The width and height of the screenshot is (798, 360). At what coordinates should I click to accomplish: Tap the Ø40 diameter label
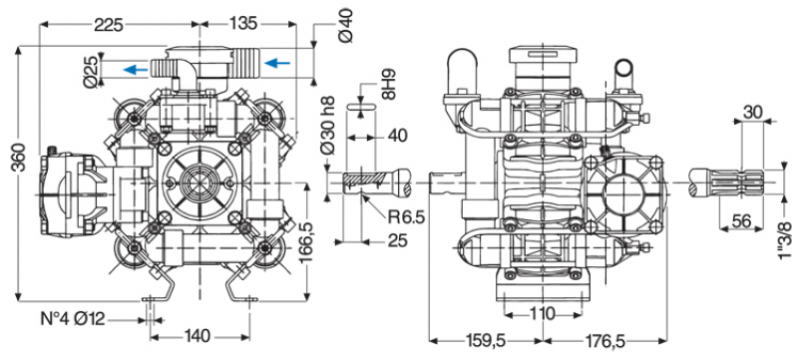pyautogui.click(x=345, y=24)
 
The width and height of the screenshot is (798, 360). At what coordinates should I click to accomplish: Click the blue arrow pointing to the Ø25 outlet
pyautogui.click(x=136, y=69)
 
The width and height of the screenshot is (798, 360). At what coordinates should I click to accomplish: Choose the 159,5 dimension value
pyautogui.click(x=479, y=341)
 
